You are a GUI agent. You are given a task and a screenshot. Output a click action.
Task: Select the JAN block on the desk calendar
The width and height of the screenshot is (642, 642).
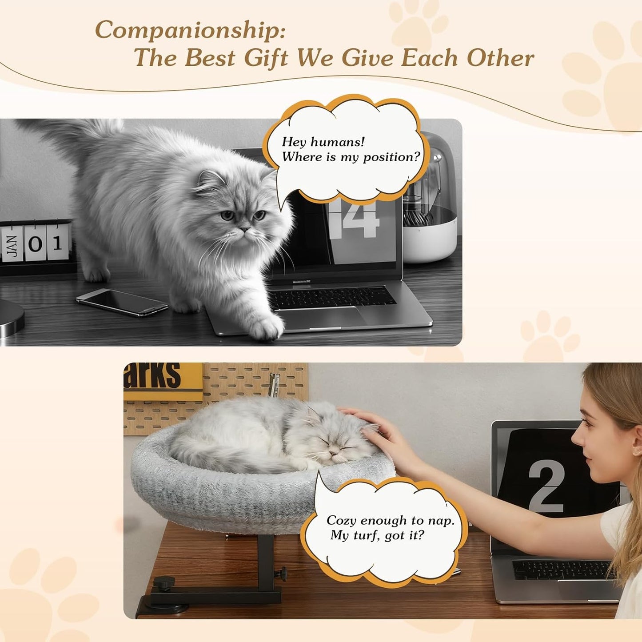pos(12,243)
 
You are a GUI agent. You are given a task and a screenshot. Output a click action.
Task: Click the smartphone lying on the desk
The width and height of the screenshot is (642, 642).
pos(122,302)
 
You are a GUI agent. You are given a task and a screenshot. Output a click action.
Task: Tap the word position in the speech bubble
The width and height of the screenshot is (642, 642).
pos(391,157)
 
